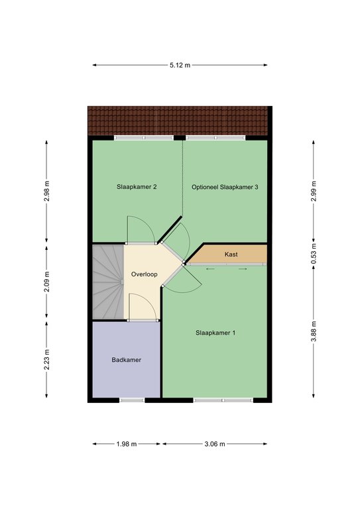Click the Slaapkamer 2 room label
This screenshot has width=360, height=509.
pos(137,187)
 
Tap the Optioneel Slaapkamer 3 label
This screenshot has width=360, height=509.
pos(225,187)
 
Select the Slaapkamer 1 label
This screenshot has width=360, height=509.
pos(215,333)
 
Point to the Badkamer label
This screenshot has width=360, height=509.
pos(126,360)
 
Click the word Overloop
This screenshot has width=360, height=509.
pos(144,274)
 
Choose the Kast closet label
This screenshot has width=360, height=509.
pos(231,254)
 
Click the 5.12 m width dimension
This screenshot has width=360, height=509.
pos(180,65)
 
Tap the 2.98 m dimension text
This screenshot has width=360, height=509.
pos(47,191)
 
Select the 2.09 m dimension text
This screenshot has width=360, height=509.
pos(47,281)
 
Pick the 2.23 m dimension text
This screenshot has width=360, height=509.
pos(47,359)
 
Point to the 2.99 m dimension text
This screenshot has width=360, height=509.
pos(314,191)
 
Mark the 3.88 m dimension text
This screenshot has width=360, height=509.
pos(314,331)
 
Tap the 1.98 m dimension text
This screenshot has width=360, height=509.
pos(127,444)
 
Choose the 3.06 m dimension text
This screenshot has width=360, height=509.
pos(215,444)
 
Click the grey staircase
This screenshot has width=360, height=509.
pos(108,282)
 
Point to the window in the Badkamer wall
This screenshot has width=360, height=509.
pos(132,400)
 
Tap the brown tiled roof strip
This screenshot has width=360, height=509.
pos(178,121)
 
